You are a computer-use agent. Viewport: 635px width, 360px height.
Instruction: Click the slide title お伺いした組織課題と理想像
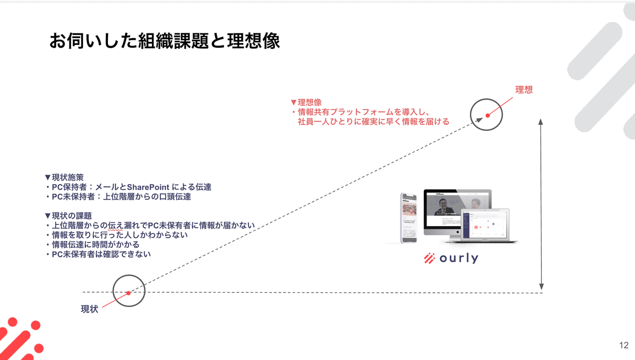point(164,41)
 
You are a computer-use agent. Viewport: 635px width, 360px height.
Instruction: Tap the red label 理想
point(523,89)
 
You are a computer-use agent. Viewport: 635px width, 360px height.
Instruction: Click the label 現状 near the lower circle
point(89,309)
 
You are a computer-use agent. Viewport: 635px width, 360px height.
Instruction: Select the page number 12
point(623,345)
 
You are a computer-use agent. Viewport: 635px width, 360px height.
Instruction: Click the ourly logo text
point(458,258)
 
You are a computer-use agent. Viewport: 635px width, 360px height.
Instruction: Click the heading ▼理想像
point(306,102)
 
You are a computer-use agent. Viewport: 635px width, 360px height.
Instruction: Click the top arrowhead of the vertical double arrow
point(541,122)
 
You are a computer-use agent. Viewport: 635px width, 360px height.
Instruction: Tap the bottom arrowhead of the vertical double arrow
point(541,286)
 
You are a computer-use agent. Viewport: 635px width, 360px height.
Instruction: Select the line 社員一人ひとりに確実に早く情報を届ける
point(373,121)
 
